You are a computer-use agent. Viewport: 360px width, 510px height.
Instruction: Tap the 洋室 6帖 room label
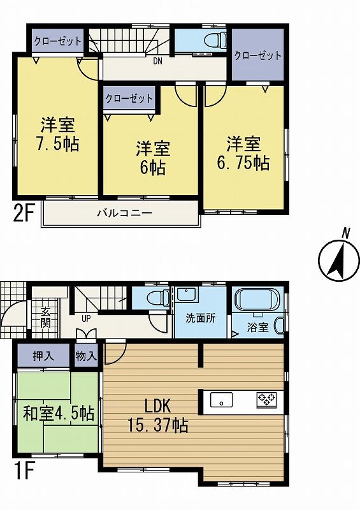click(152, 159)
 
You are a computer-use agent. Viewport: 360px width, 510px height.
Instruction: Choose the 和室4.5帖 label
click(60, 412)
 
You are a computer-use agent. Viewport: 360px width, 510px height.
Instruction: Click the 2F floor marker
click(24, 213)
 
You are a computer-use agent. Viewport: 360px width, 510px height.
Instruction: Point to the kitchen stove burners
click(266, 400)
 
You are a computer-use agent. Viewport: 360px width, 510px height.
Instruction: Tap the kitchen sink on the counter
click(221, 400)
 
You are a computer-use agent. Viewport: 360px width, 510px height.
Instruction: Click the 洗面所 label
click(199, 317)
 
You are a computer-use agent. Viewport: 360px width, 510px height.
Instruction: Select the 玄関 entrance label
click(46, 317)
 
